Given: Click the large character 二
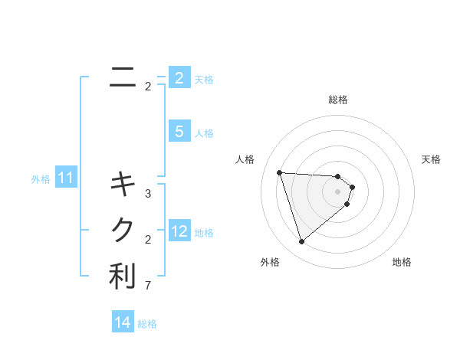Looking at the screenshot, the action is tap(123, 77).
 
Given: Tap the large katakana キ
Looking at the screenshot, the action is tap(123, 184).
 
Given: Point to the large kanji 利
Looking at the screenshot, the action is tap(123, 277).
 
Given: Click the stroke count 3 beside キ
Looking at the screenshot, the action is tap(148, 194).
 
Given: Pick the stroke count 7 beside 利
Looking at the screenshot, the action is tap(148, 286).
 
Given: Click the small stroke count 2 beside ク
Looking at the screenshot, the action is tap(148, 240).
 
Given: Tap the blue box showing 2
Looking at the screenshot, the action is tap(179, 78).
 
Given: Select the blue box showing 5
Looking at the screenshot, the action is tap(179, 132).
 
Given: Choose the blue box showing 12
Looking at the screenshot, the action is tap(179, 231).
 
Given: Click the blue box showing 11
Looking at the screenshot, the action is tap(65, 178).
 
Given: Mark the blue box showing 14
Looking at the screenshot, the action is tap(123, 322).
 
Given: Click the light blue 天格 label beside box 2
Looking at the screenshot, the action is tap(204, 79).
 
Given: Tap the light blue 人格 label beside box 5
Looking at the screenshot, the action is tap(204, 133).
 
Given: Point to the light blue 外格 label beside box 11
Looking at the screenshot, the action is tap(41, 180).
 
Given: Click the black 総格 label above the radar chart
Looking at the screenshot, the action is tap(337, 100).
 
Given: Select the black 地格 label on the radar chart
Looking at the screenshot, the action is tap(402, 262).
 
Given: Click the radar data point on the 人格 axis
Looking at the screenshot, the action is tap(279, 172).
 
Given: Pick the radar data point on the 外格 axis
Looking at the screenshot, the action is tap(301, 242).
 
